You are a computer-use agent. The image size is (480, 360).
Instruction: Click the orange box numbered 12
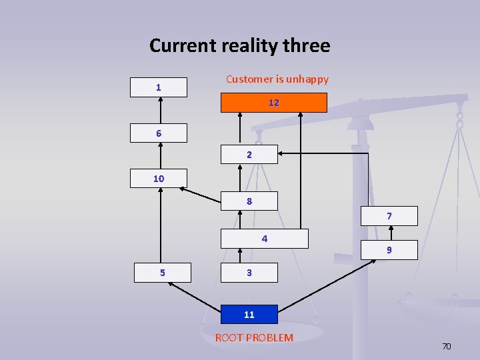[x=273, y=103]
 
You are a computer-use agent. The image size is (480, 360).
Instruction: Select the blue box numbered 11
[x=249, y=315]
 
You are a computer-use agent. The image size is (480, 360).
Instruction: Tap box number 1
[x=158, y=87]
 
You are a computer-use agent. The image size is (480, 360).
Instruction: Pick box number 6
[x=159, y=133]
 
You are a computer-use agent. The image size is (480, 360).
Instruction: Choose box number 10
[x=159, y=179]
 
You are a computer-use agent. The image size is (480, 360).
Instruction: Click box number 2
[x=249, y=155]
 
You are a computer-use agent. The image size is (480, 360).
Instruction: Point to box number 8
[x=249, y=201]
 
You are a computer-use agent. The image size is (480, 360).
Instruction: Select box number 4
[x=265, y=239]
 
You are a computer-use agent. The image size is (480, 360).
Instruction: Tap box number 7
[x=389, y=216]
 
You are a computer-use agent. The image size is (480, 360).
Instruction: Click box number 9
[x=389, y=250]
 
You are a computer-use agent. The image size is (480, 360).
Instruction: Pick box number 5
[x=162, y=273]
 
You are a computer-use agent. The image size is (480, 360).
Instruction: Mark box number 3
[x=249, y=273]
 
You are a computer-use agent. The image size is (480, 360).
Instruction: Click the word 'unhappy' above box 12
[x=307, y=79]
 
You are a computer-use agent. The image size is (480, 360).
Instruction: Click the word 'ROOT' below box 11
[x=229, y=337]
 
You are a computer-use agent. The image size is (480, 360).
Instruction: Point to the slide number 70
[x=447, y=346]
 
